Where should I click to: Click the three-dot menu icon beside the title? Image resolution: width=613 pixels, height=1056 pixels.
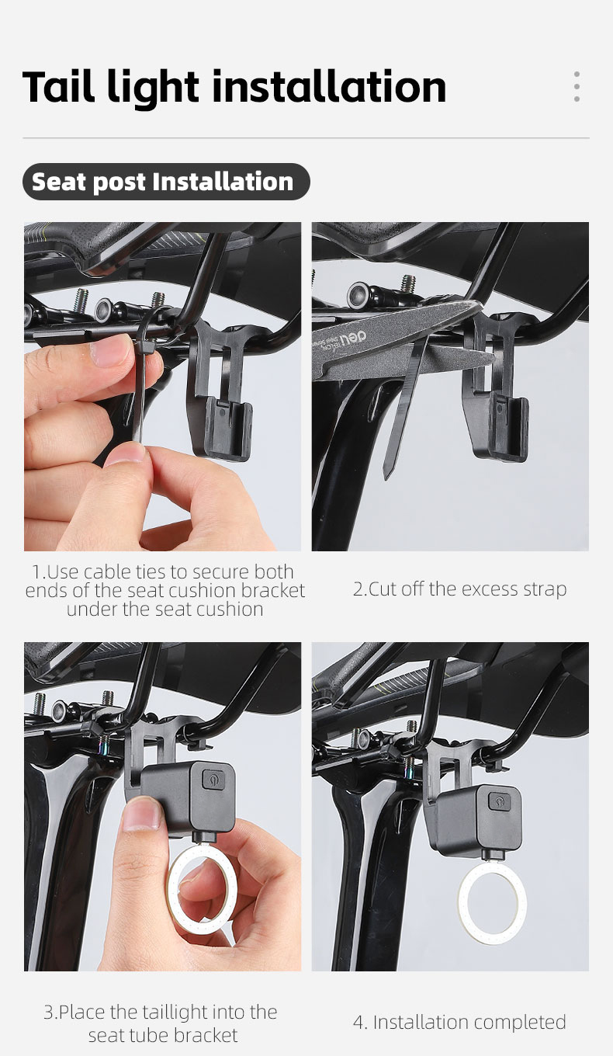click(x=577, y=87)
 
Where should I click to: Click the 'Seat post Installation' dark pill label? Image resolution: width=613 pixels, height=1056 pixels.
click(x=166, y=182)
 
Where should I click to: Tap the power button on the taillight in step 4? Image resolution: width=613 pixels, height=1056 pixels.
click(x=499, y=801)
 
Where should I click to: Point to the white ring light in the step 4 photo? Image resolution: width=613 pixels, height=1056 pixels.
click(x=493, y=901)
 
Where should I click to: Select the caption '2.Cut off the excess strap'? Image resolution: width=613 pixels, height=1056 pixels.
click(x=459, y=589)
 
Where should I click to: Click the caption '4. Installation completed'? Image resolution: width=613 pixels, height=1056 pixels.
click(x=459, y=1022)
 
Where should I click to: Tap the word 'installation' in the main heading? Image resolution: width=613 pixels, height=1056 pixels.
click(x=329, y=87)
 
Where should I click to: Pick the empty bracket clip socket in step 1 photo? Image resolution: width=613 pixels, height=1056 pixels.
click(x=228, y=427)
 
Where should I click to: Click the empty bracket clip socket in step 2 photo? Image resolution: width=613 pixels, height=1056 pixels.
click(x=508, y=427)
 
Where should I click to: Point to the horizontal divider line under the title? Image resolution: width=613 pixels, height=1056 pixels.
click(x=306, y=138)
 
